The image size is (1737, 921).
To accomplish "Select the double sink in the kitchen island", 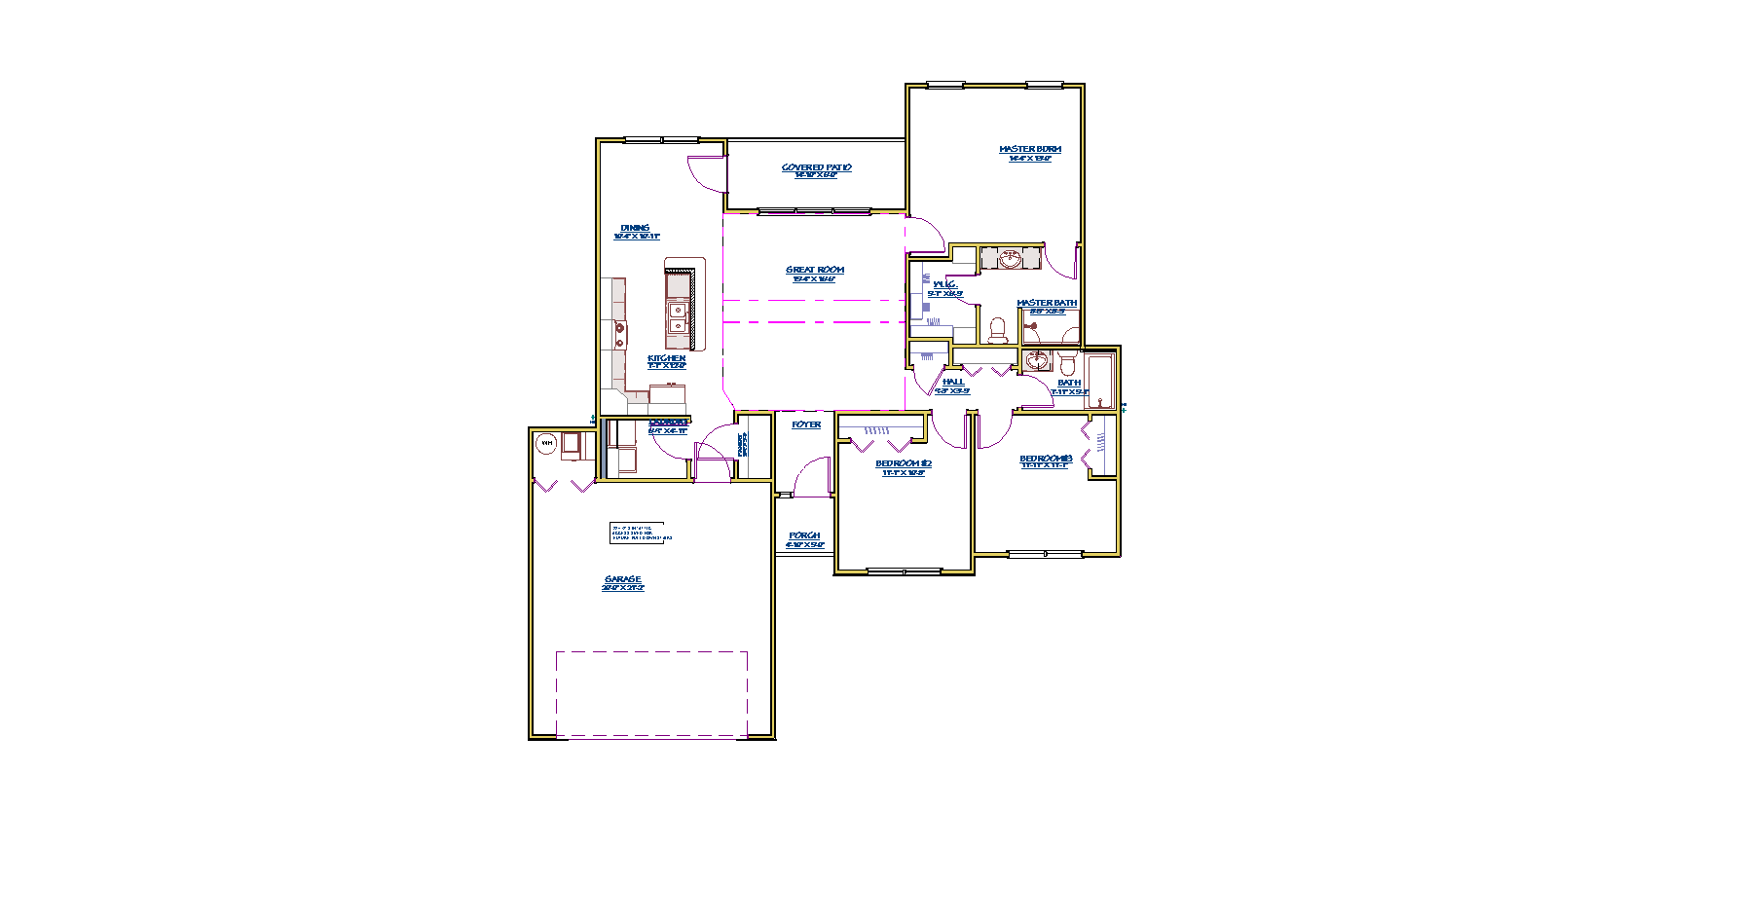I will [677, 316].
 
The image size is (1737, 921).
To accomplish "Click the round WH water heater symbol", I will [546, 445].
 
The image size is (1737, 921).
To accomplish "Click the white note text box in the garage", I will [642, 533].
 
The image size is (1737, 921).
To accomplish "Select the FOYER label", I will [806, 424].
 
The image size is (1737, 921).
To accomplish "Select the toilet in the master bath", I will [997, 332].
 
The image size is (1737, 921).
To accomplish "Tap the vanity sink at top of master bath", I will [1011, 259].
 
